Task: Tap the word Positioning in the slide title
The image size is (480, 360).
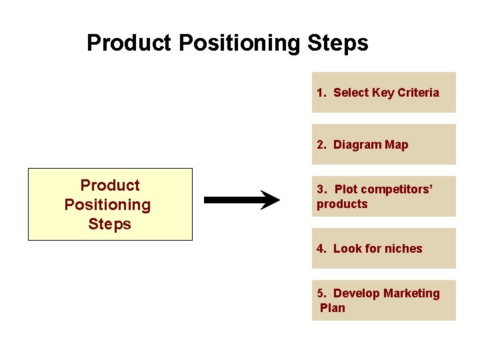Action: coord(237,44)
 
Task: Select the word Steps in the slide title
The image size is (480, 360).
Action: coord(338,44)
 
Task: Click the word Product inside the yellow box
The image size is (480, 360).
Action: coord(110,185)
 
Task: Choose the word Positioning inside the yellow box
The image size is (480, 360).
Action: coord(107,205)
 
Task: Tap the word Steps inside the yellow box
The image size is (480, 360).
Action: coord(109,224)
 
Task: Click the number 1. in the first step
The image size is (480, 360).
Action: coord(321,93)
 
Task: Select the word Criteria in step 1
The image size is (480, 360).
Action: coord(418,93)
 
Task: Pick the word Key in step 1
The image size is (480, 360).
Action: coord(383,93)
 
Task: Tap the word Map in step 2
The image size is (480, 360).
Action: coord(397,145)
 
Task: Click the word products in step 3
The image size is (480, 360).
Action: coord(342,204)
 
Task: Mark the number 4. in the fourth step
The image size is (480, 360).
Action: coord(321,249)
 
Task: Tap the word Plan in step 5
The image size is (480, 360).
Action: coord(333,307)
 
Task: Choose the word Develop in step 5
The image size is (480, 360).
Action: coord(354,293)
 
